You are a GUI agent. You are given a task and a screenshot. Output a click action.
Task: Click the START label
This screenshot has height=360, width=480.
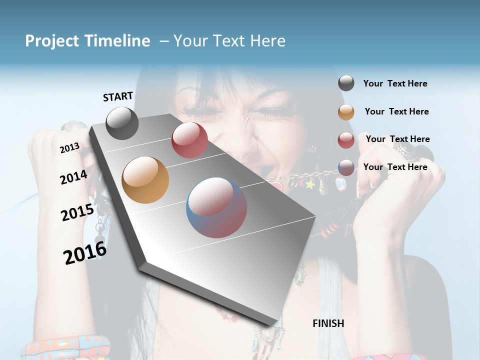point(118,96)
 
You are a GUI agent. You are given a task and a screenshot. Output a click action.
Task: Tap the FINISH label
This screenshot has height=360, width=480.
point(328,323)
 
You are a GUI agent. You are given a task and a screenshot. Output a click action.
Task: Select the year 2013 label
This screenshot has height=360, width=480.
point(69,147)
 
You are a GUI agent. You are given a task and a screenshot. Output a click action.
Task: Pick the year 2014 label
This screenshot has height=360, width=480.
point(73,177)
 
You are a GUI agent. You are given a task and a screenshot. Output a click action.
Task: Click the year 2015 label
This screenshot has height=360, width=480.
point(77,212)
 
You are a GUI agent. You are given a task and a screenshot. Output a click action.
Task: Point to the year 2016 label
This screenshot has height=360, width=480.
point(85,253)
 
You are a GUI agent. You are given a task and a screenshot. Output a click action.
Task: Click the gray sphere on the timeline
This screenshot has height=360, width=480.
point(122,123)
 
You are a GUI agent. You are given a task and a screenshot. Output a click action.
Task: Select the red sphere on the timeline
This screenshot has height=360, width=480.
point(189,140)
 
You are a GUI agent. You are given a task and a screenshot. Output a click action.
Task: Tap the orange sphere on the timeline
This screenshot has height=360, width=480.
point(145,180)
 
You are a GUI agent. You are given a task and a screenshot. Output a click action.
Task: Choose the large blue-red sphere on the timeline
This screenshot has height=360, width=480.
point(216,207)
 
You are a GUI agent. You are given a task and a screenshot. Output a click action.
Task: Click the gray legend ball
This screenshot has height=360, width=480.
point(346,83)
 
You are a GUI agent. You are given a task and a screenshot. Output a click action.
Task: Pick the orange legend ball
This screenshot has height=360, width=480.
point(346,112)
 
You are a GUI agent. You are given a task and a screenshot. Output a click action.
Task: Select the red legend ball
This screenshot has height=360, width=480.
point(346,140)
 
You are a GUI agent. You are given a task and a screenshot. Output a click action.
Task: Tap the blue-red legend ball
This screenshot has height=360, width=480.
point(346,167)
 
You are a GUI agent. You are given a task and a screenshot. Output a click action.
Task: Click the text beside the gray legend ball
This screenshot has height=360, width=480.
point(395,83)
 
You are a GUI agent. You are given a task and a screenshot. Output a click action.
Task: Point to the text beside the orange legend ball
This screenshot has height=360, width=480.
point(396,111)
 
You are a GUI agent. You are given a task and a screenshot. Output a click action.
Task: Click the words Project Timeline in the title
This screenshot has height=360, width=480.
point(87,41)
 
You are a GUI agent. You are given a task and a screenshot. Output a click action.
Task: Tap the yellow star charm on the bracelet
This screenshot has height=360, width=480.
point(310,185)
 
